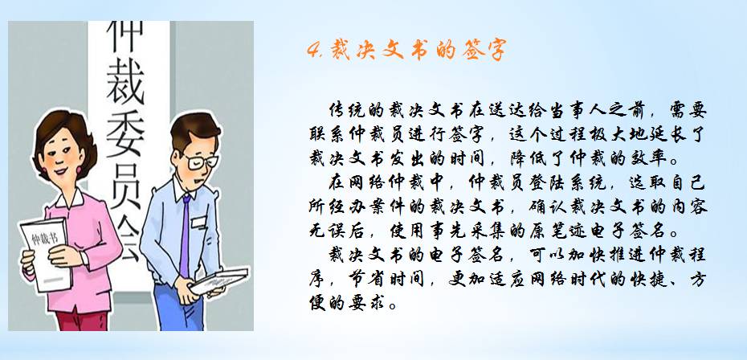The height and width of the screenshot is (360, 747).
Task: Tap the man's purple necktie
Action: click(x=185, y=235)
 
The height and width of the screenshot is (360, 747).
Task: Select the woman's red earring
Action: click(x=79, y=170)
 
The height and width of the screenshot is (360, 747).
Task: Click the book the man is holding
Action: click(x=218, y=281)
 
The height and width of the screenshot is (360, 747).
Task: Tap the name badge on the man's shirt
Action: click(x=198, y=222)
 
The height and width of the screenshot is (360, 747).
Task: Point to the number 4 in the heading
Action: click(x=314, y=50)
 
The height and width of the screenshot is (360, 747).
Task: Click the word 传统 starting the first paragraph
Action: click(x=349, y=110)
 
